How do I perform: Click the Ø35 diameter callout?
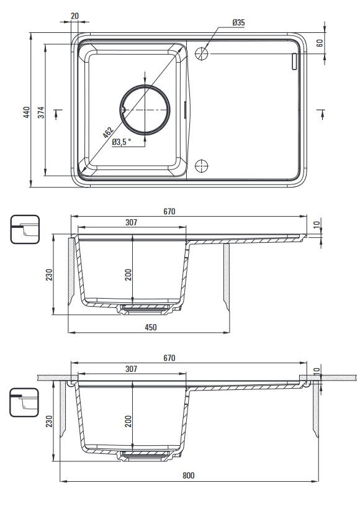click(x=238, y=23)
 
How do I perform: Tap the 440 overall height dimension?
click(x=26, y=112)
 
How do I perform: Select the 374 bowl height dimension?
click(x=40, y=112)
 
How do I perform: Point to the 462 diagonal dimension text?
click(x=108, y=132)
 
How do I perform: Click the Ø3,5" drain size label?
click(x=122, y=142)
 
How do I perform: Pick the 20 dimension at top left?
click(x=74, y=16)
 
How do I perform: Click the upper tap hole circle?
click(x=202, y=53)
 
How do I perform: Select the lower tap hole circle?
click(x=202, y=166)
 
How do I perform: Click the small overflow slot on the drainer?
click(x=294, y=61)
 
